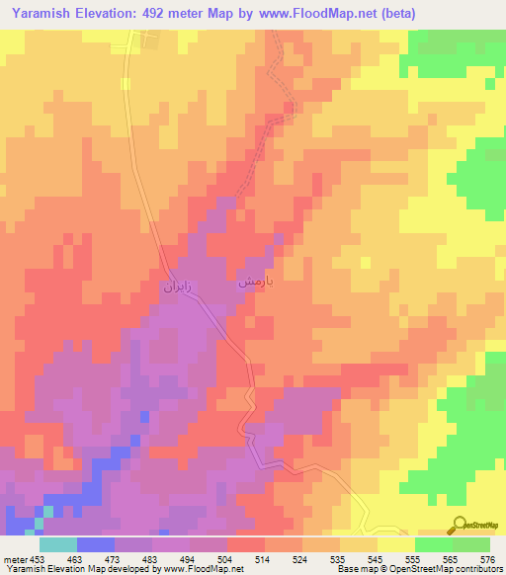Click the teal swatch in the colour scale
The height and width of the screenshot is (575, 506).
pos(57,544)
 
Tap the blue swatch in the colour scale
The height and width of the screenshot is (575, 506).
pos(95,544)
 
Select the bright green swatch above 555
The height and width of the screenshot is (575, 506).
pos(433,544)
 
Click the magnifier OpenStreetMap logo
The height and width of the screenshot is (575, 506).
pos(459,524)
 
